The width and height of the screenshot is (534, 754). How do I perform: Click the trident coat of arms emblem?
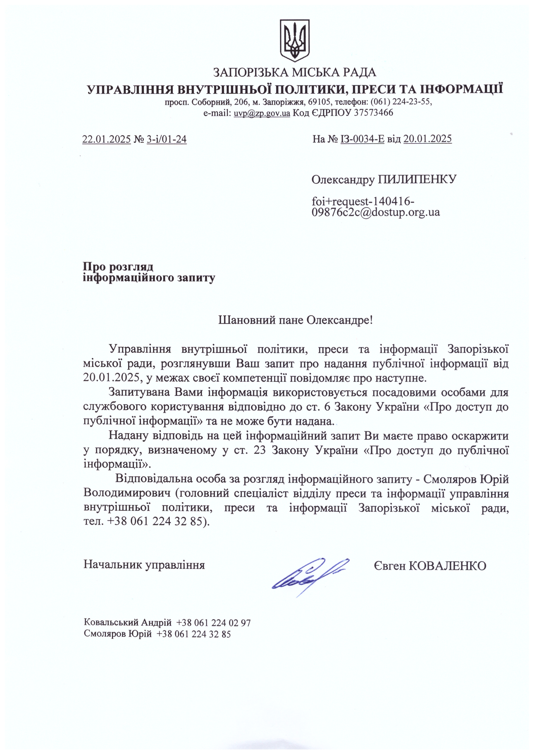(x=294, y=40)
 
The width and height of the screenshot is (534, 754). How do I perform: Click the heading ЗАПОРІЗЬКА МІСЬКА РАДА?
(x=295, y=72)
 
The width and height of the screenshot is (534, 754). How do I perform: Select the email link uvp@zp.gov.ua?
(x=262, y=113)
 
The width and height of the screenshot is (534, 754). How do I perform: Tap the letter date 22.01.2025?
(x=107, y=139)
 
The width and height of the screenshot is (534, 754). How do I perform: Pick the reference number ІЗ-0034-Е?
(x=362, y=139)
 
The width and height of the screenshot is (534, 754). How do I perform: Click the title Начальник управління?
(x=144, y=564)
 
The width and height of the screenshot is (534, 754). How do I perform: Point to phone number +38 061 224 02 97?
(x=213, y=623)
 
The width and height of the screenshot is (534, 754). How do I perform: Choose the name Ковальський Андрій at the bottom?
(x=128, y=623)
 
